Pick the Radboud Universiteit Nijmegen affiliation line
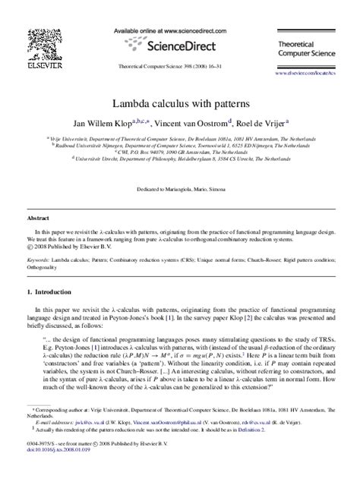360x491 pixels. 178,146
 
